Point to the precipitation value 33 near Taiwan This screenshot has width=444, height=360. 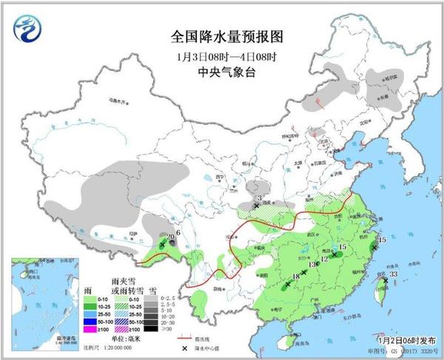coord(394,274)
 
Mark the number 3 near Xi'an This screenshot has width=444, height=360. coord(259,197)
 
